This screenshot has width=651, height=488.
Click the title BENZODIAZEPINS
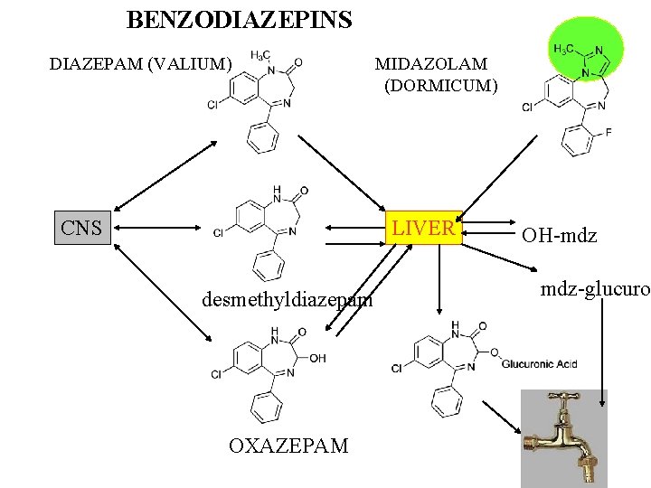point(239,19)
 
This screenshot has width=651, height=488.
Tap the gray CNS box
point(81,228)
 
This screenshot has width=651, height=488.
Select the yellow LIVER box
point(424,228)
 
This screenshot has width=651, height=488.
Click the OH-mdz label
point(559,236)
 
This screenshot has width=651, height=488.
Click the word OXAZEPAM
point(288,446)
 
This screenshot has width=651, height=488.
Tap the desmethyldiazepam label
point(288,299)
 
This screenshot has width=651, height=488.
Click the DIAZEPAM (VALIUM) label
point(140,64)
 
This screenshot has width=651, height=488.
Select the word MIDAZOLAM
point(431,64)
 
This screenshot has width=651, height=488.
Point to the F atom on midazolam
point(608,132)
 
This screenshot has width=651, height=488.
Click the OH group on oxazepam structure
point(317,358)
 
